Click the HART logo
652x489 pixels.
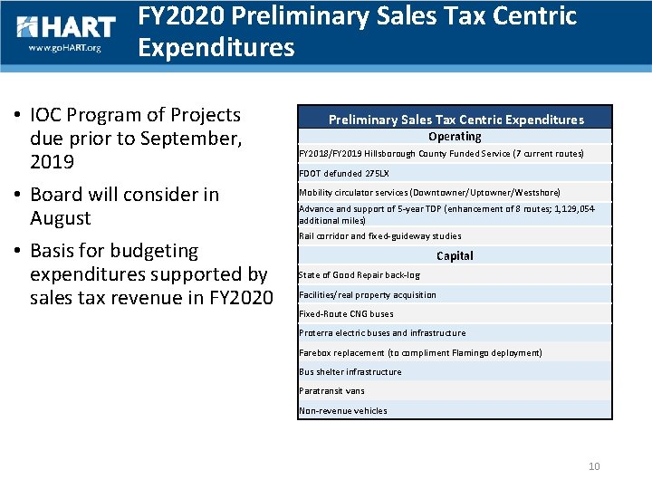(66, 28)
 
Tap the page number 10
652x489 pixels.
(594, 466)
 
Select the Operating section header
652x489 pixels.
(455, 137)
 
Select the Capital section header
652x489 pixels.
(455, 256)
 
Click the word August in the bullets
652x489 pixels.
(61, 218)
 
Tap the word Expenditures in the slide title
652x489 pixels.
(216, 47)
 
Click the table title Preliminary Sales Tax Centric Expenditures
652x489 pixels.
(455, 120)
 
